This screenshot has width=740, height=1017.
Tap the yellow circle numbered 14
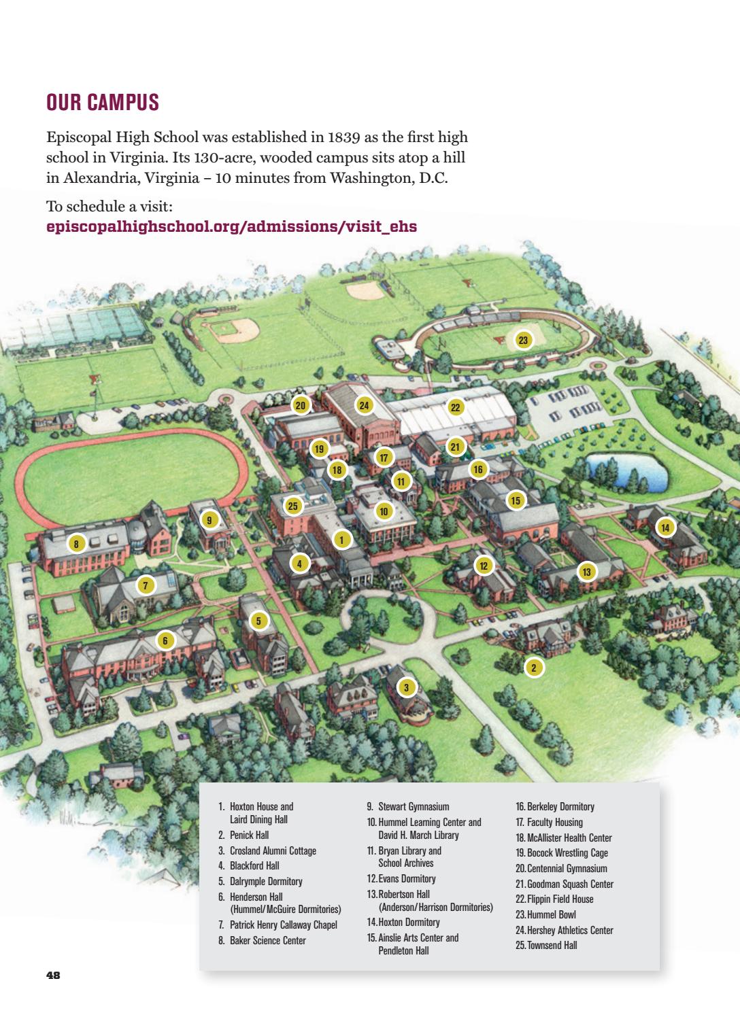tap(665, 527)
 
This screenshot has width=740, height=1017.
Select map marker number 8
tap(77, 543)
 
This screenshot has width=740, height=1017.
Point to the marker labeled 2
tap(534, 668)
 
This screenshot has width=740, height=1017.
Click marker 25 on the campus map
tap(293, 505)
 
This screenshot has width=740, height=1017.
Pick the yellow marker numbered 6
tap(165, 640)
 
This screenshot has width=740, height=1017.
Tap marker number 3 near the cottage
tap(406, 687)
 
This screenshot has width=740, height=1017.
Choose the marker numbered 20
tap(301, 405)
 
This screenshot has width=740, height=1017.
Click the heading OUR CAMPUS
tap(103, 103)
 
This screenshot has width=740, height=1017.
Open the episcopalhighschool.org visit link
tap(231, 226)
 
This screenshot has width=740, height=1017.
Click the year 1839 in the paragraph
tap(344, 137)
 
